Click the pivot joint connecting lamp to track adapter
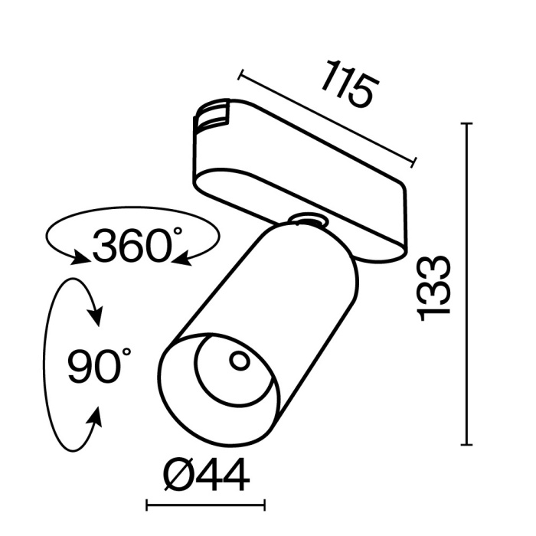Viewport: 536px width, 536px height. [x=309, y=221]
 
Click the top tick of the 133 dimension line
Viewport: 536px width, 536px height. [x=466, y=123]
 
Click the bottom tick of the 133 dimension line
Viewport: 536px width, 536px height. [x=466, y=444]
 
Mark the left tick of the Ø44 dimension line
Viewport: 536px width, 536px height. [x=147, y=505]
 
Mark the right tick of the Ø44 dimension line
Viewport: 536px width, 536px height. [x=265, y=505]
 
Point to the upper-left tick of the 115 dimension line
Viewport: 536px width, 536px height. [x=240, y=74]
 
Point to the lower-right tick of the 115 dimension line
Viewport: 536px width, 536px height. [x=414, y=163]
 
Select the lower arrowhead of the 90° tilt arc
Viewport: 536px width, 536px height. [x=96, y=417]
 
